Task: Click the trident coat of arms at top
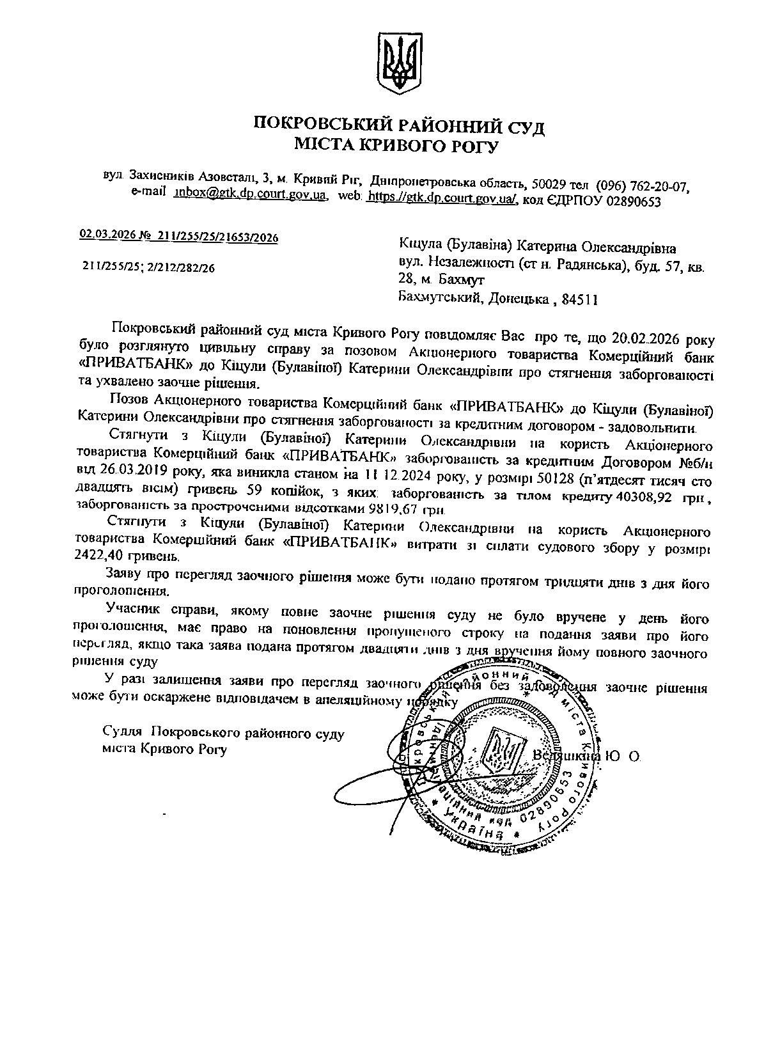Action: [x=399, y=65]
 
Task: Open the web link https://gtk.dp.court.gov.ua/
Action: [x=442, y=198]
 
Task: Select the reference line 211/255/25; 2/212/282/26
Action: [x=148, y=267]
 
